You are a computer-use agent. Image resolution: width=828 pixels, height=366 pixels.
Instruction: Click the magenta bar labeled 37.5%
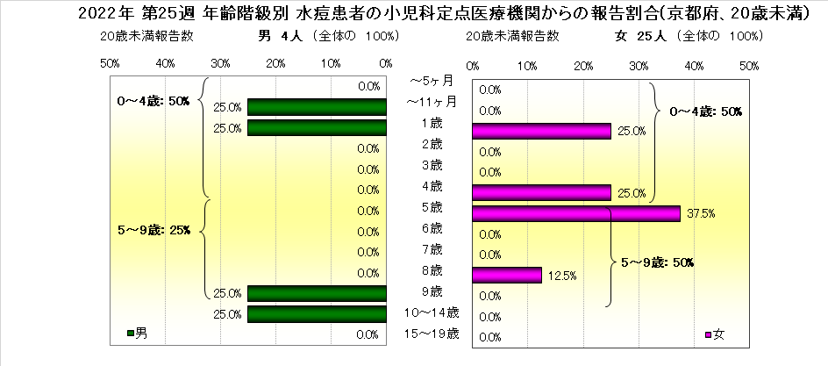click(575, 213)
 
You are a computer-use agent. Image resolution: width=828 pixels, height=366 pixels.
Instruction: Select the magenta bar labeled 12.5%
click(506, 275)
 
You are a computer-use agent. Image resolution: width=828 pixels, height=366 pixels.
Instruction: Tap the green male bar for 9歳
click(317, 293)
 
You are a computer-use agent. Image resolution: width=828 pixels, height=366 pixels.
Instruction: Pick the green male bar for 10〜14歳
click(317, 313)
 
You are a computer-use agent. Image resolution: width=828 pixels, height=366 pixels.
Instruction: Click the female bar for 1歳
click(540, 131)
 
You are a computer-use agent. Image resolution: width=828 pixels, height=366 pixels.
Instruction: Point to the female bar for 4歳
click(540, 192)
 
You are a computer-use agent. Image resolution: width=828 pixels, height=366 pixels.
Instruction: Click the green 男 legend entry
click(136, 334)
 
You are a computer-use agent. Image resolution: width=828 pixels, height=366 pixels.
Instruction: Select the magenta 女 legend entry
click(714, 334)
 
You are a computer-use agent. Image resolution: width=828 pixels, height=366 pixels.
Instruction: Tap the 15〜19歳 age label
click(430, 333)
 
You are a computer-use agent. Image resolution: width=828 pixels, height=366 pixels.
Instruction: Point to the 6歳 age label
click(430, 228)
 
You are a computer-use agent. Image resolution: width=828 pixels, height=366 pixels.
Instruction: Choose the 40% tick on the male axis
click(165, 64)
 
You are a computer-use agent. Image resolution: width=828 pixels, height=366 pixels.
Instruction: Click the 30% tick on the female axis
click(639, 66)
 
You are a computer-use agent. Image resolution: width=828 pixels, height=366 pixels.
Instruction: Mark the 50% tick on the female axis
click(749, 66)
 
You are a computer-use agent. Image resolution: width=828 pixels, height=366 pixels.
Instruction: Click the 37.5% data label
click(696, 213)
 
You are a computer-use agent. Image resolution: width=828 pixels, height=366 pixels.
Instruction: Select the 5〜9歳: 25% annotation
click(153, 231)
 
